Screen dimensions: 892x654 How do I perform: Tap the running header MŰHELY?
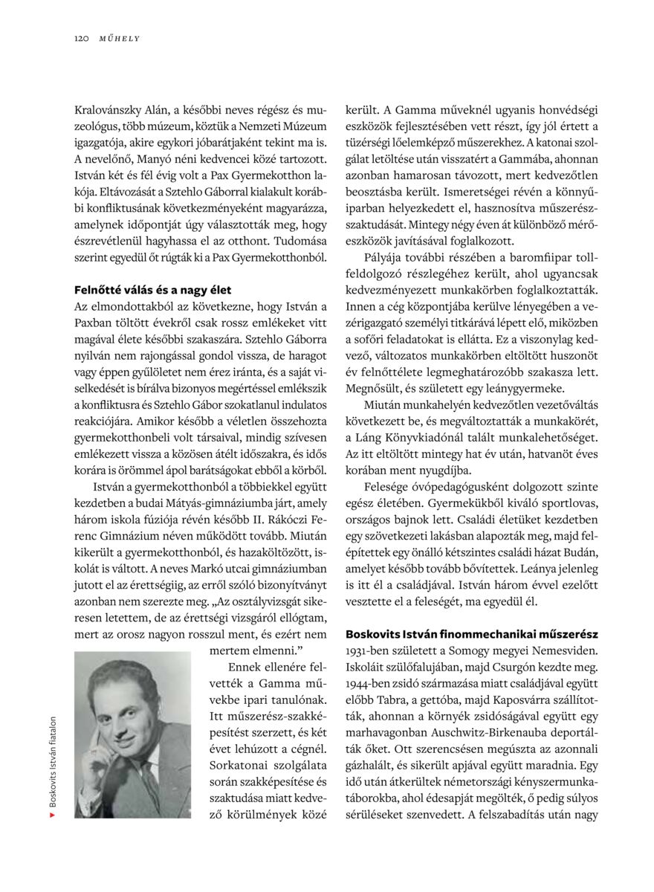pyautogui.click(x=120, y=38)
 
